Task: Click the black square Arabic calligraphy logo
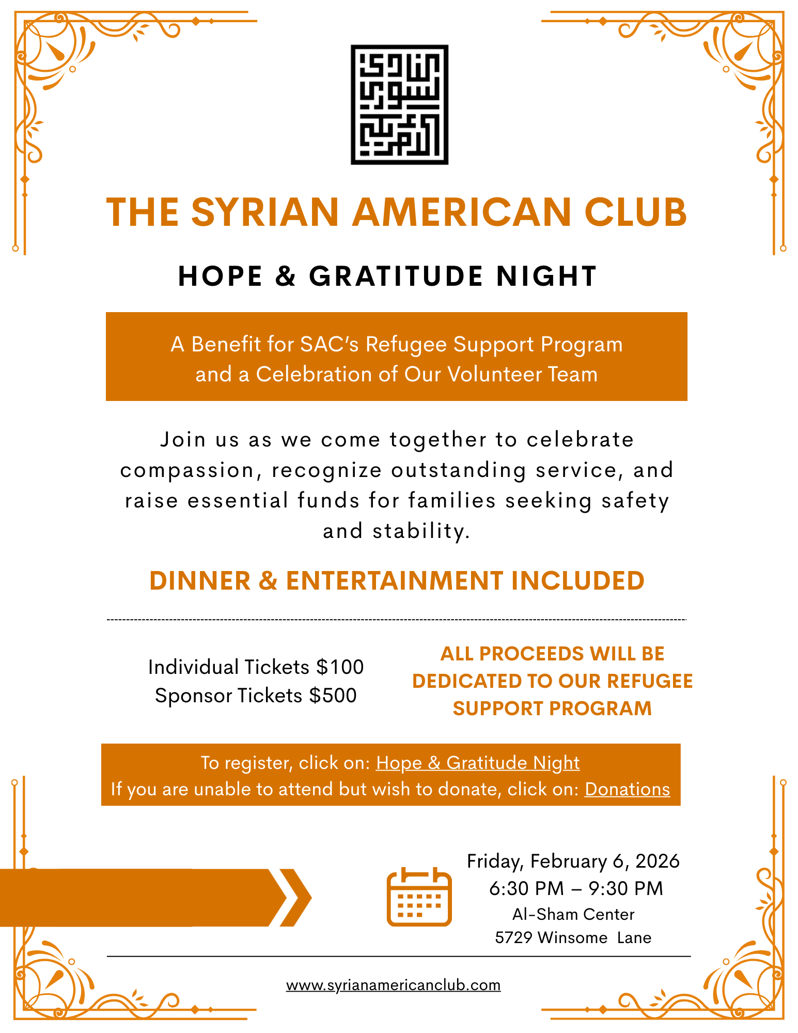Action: pyautogui.click(x=399, y=104)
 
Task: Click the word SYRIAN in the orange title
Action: pyautogui.click(x=265, y=212)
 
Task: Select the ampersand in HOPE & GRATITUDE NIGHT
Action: pyautogui.click(x=286, y=276)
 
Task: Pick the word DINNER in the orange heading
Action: pyautogui.click(x=199, y=581)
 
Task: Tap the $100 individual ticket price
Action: pyautogui.click(x=340, y=667)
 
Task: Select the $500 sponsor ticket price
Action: pyautogui.click(x=333, y=696)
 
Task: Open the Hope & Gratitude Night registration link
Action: pyautogui.click(x=478, y=763)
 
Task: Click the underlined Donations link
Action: pyautogui.click(x=627, y=789)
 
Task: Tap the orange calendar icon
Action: pyautogui.click(x=419, y=897)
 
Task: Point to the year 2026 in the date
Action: pyautogui.click(x=657, y=861)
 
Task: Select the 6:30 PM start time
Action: pyautogui.click(x=526, y=888)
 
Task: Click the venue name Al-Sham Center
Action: pyautogui.click(x=573, y=914)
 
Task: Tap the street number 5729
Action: pyautogui.click(x=513, y=937)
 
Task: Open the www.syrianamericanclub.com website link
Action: pyautogui.click(x=393, y=985)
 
